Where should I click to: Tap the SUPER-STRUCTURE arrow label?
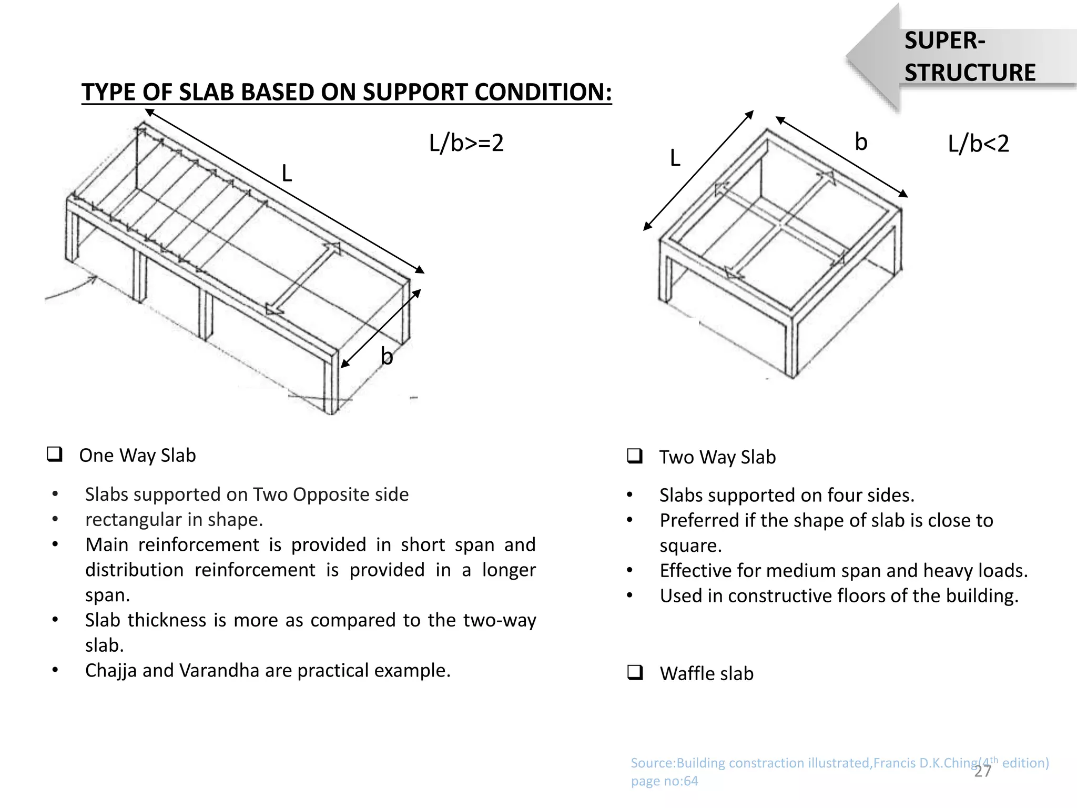tap(969, 57)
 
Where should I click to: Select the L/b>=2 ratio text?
tap(466, 143)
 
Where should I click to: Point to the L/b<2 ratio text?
tap(978, 144)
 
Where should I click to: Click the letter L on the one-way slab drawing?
tap(287, 173)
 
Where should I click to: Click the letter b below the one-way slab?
tap(387, 356)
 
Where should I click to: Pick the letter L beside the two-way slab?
tap(675, 158)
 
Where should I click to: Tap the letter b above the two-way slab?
tap(860, 142)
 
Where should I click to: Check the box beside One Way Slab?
tap(54, 454)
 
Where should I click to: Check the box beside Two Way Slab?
tap(635, 456)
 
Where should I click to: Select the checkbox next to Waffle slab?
tap(635, 672)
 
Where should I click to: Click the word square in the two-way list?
tap(690, 546)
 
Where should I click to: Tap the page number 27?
tap(982, 772)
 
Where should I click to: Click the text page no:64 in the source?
tap(664, 781)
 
